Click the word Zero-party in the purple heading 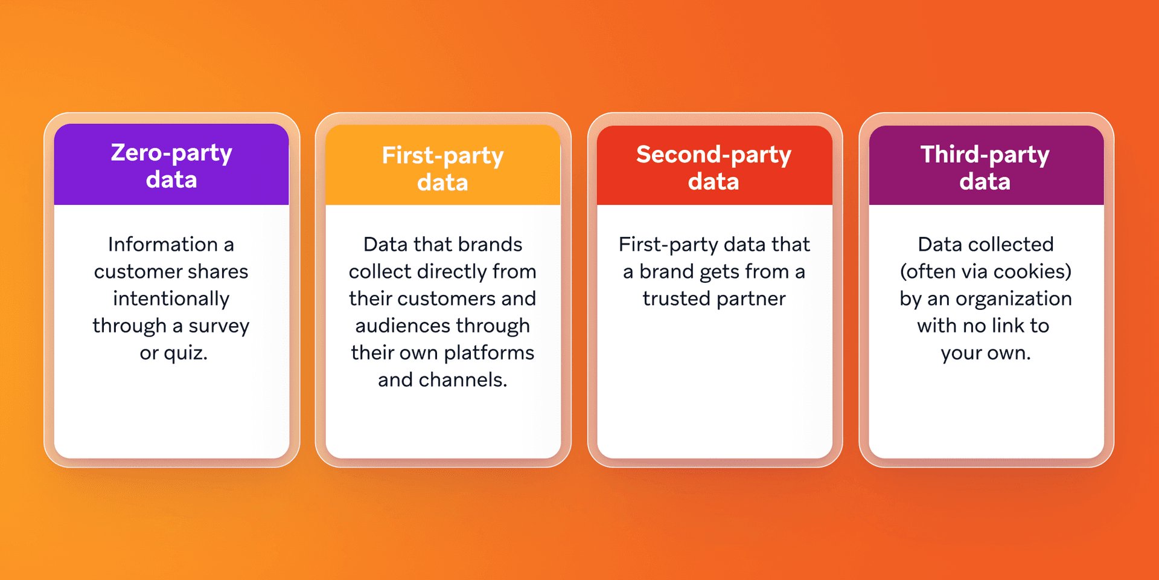pyautogui.click(x=171, y=153)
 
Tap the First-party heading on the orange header pyautogui.click(x=442, y=156)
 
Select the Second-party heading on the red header pyautogui.click(x=714, y=155)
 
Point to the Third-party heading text pyautogui.click(x=985, y=155)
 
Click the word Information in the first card pyautogui.click(x=162, y=244)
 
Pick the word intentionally pyautogui.click(x=171, y=298)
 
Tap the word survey pyautogui.click(x=219, y=326)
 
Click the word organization pyautogui.click(x=1014, y=298)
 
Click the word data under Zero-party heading pyautogui.click(x=171, y=180)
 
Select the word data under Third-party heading pyautogui.click(x=985, y=182)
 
